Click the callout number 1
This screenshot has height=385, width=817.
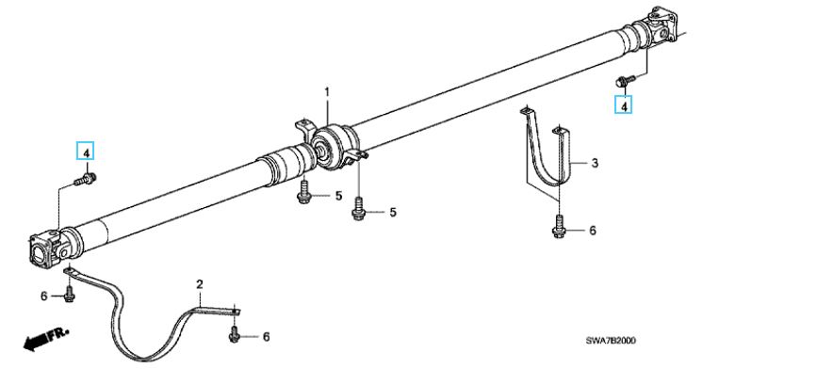327,92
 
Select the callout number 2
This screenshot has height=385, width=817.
200,284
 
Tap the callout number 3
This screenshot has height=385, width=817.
595,164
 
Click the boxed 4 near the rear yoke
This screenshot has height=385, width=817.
623,105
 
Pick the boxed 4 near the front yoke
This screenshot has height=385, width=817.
86,151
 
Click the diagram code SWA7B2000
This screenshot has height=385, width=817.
611,341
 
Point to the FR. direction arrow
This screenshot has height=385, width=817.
46,339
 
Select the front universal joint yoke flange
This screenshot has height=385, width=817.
46,249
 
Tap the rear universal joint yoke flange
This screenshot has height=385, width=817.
660,25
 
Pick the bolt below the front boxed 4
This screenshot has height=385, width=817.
86,180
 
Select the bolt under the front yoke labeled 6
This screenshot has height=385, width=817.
69,294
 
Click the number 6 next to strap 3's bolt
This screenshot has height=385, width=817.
593,231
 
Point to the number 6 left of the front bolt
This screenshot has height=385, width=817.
43,296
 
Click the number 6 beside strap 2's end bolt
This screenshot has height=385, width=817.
267,337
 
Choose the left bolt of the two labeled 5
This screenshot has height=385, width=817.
303,193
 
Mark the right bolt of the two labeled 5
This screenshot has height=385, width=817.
358,209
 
